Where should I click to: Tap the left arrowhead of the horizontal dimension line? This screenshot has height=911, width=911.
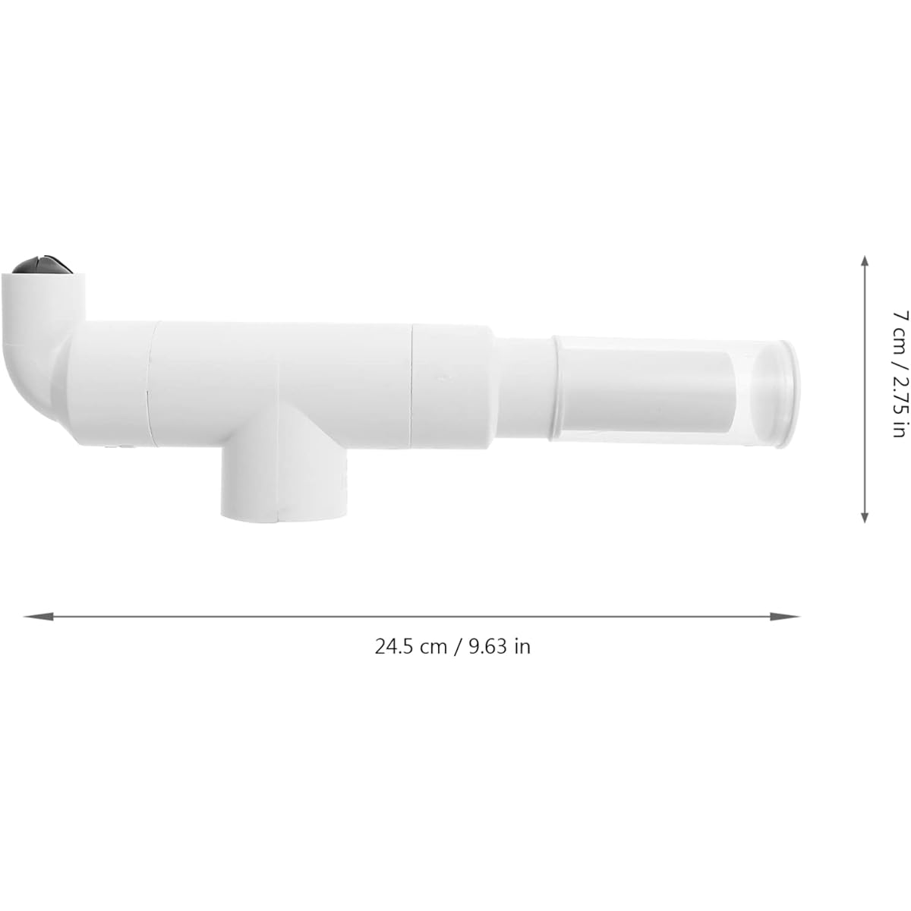pos(38,616)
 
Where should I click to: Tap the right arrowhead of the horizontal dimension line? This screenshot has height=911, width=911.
pos(785,616)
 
